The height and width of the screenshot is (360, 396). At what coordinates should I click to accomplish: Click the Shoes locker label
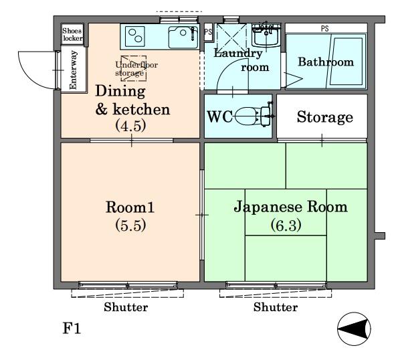click(72, 34)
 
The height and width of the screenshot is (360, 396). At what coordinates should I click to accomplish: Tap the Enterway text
click(73, 70)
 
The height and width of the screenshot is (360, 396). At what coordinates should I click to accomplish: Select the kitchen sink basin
click(183, 37)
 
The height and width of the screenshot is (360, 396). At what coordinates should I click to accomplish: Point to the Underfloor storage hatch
click(134, 68)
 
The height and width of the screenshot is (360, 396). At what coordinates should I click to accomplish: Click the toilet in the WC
click(254, 116)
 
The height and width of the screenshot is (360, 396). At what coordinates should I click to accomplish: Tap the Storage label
click(325, 117)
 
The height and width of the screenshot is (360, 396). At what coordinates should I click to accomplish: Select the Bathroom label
click(326, 62)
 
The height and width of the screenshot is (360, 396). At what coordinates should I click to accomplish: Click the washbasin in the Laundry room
click(266, 35)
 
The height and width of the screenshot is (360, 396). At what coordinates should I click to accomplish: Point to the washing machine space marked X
click(231, 37)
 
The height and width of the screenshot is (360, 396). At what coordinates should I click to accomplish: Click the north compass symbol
click(354, 329)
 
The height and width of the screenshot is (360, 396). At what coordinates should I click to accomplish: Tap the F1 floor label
click(72, 329)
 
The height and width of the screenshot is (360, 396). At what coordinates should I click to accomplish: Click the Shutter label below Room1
click(126, 307)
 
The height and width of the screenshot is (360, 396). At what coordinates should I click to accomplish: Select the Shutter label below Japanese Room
click(276, 307)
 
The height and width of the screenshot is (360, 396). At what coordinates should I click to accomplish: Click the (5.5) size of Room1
click(130, 226)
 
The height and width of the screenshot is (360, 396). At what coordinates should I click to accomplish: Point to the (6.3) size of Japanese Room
click(286, 226)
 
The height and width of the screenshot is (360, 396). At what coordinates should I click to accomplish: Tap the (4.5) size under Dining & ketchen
click(130, 126)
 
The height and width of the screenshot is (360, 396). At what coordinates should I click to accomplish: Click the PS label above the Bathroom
click(325, 29)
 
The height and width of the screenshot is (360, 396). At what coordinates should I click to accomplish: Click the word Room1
click(130, 207)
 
